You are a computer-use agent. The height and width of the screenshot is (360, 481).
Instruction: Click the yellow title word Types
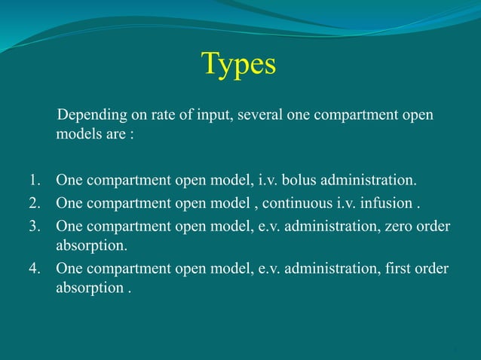tap(238, 65)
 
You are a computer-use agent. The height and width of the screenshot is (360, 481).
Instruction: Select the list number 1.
tap(35, 181)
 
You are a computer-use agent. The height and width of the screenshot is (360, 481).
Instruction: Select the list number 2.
tap(35, 203)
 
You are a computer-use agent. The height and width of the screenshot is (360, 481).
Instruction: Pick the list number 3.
tap(35, 224)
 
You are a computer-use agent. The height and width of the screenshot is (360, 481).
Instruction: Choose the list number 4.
tap(35, 269)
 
